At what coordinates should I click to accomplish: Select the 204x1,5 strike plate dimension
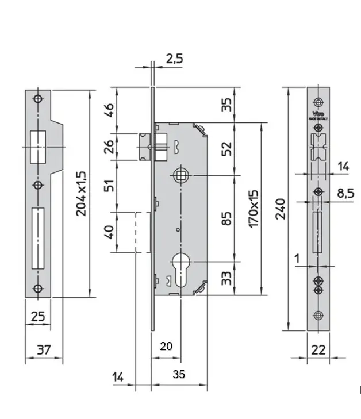tap(81, 193)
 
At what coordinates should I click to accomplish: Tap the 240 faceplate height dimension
tap(281, 209)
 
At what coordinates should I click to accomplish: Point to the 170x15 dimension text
tap(254, 209)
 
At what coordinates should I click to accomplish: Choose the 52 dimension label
tap(227, 149)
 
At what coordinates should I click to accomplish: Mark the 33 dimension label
tap(227, 279)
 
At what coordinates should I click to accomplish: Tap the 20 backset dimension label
tap(166, 346)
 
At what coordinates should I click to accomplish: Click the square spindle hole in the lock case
tap(180, 173)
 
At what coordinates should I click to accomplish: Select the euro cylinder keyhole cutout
tap(180, 270)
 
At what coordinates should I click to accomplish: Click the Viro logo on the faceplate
tap(318, 113)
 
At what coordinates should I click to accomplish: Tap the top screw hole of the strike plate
tap(38, 98)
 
